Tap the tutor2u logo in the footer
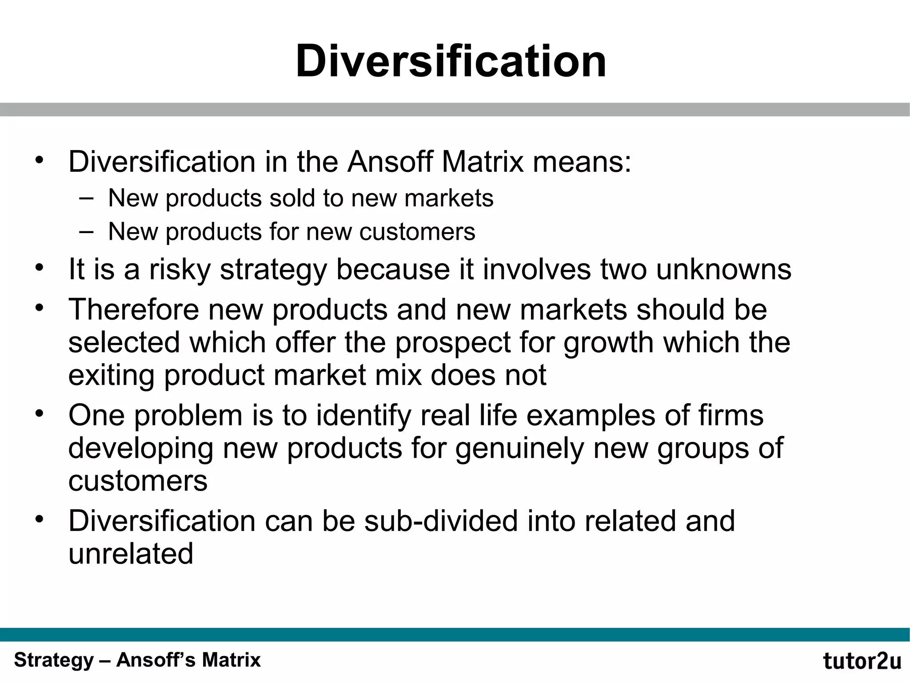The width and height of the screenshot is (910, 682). click(862, 661)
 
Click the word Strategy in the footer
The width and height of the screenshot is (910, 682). click(54, 660)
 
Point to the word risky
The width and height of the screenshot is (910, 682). click(180, 270)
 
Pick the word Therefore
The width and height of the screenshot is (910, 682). click(133, 309)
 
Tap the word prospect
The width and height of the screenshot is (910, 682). click(453, 343)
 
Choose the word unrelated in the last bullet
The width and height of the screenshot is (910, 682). click(131, 554)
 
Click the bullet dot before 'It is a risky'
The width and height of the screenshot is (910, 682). click(40, 268)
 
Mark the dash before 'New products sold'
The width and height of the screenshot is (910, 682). click(86, 198)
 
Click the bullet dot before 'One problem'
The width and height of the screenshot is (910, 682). click(40, 414)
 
